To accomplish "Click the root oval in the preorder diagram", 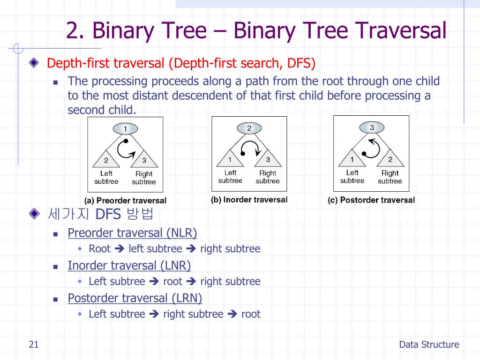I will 125,128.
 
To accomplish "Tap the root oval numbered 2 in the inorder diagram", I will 249,128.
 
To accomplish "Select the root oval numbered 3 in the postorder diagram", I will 372,127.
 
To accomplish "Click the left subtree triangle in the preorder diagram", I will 106,159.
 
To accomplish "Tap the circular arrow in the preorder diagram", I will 125,149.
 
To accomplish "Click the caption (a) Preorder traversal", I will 125,201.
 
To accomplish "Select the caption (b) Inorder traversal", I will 249,200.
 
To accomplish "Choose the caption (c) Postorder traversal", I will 371,200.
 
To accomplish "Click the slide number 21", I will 33,345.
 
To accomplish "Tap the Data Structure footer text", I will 429,345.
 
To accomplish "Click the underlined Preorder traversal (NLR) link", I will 132,233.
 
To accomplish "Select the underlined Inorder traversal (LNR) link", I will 129,266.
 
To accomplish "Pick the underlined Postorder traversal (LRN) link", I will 135,298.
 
